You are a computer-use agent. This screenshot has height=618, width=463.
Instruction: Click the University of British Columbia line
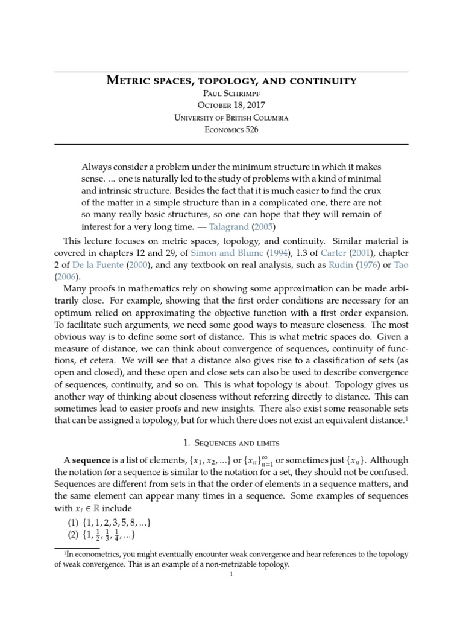[x=231, y=117]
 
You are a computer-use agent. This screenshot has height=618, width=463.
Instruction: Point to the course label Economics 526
[x=231, y=129]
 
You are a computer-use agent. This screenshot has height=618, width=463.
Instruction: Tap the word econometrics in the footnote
[x=101, y=555]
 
